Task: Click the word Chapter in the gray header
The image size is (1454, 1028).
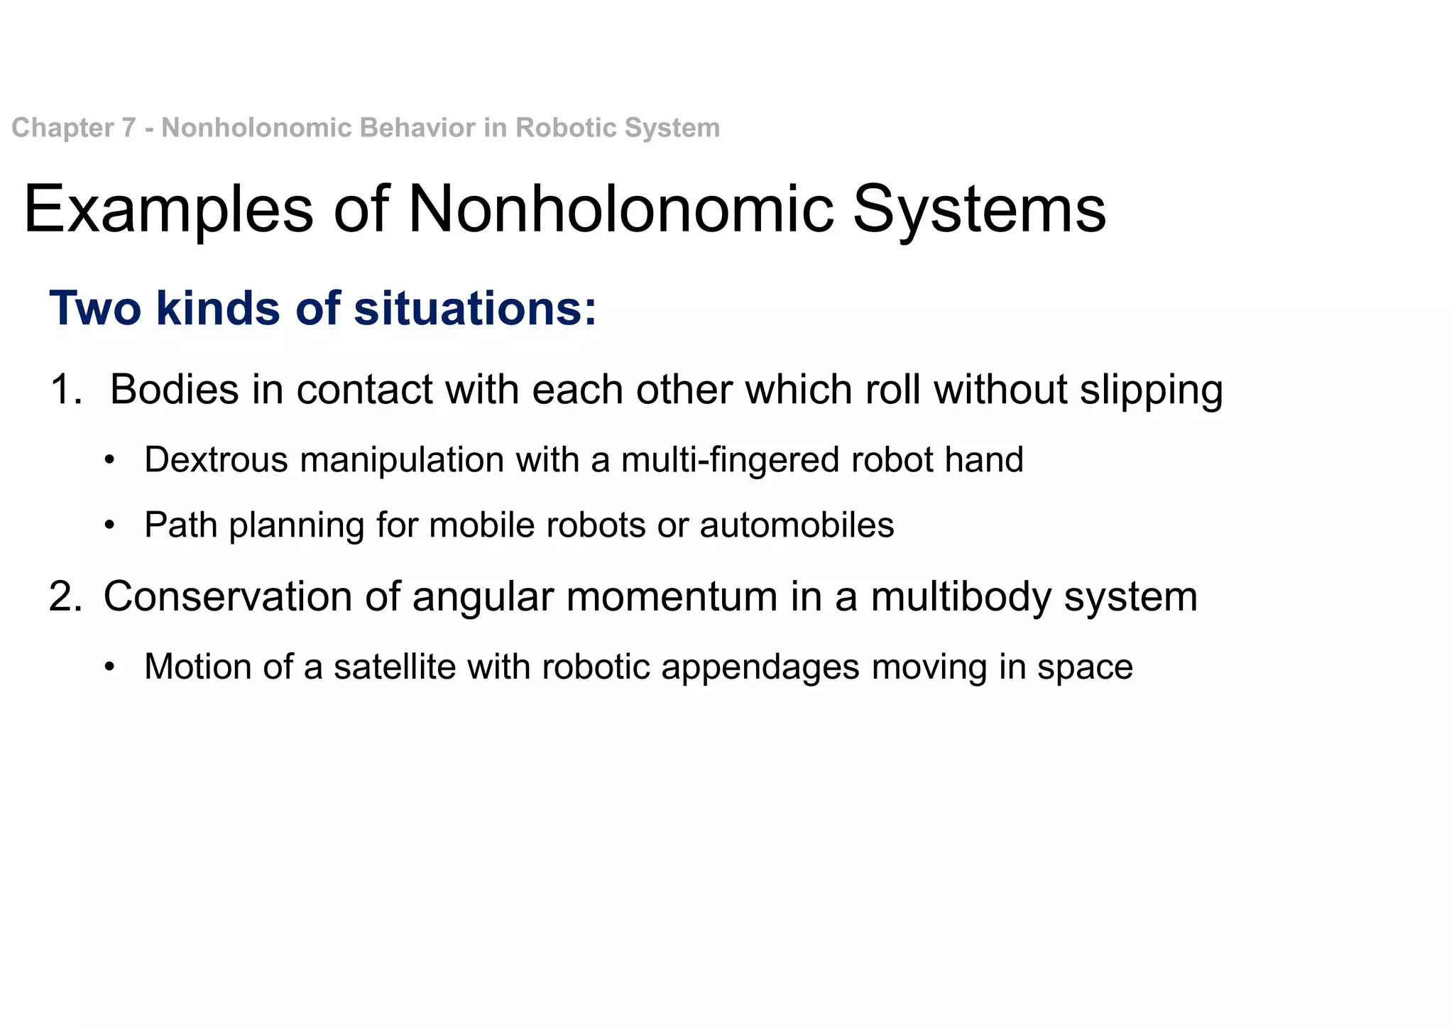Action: pos(62,128)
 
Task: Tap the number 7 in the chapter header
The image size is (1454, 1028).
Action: pos(129,128)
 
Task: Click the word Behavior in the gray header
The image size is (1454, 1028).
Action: pos(418,128)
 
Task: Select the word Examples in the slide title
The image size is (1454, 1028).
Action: pos(168,209)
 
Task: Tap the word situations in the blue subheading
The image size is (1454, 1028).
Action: pos(475,309)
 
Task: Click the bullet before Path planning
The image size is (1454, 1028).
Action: pos(109,526)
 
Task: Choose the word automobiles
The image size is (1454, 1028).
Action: pos(797,525)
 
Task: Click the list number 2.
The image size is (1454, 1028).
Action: pos(65,596)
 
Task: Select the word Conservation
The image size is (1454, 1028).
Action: pos(227,596)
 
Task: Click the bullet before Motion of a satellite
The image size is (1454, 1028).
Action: pos(109,668)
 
